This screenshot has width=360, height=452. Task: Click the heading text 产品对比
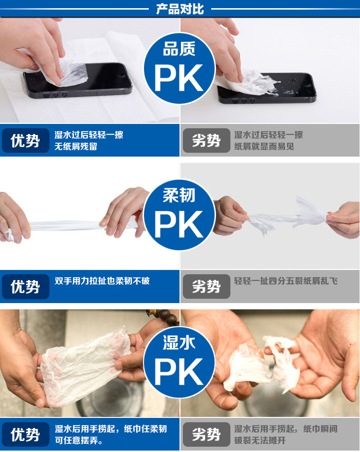[180, 9]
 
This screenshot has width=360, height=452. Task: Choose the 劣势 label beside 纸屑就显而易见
[206, 141]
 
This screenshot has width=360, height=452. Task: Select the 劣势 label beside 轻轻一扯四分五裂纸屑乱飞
[206, 287]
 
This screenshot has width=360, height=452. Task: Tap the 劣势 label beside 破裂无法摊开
[206, 435]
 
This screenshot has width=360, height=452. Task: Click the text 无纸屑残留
[76, 147]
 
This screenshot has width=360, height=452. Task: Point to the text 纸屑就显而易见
[264, 147]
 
